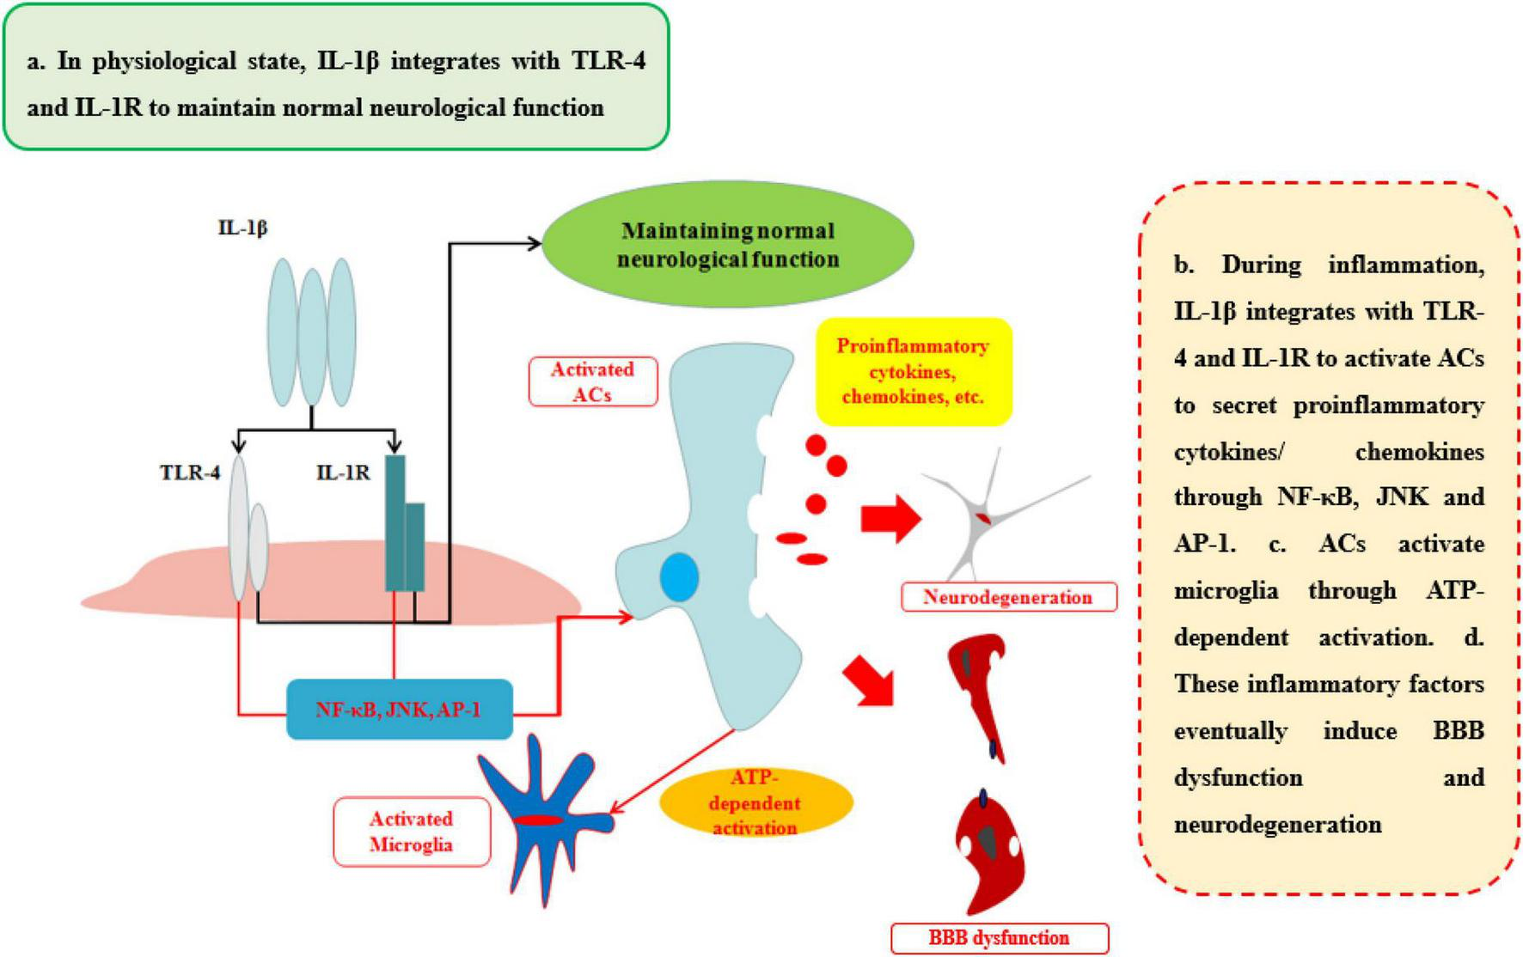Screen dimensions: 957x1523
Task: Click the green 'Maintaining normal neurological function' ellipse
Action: (x=728, y=244)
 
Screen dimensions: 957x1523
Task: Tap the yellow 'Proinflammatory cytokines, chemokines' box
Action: (x=913, y=371)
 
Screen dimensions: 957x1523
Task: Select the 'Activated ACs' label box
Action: (x=592, y=381)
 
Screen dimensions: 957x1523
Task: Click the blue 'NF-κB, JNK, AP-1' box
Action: (x=399, y=710)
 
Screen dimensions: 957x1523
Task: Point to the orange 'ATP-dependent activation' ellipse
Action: (x=755, y=803)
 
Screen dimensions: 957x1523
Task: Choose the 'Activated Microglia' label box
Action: (x=411, y=832)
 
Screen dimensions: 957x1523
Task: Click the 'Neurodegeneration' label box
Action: (x=1007, y=597)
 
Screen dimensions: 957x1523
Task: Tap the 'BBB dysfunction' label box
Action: (x=999, y=937)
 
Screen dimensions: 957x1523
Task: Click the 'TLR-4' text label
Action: (x=190, y=472)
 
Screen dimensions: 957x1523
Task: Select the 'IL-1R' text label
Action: (x=343, y=472)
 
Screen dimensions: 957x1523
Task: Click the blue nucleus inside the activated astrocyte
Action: (x=679, y=577)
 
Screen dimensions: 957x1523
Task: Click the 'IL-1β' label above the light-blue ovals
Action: (x=242, y=229)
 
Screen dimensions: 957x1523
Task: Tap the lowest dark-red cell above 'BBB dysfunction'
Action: (x=991, y=855)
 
